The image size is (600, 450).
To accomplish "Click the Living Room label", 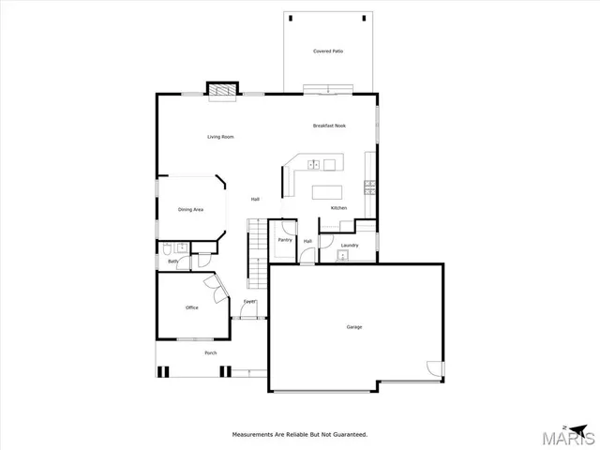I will coord(220,137).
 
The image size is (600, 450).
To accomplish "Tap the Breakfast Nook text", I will coord(329,125).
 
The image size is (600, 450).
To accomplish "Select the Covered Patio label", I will coord(328,51).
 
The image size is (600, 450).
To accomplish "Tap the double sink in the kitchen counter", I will coord(315,165).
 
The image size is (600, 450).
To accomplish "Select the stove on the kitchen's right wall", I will coord(371,185).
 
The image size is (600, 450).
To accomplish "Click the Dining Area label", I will coord(190,209).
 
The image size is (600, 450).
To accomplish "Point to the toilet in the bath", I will coord(165,249).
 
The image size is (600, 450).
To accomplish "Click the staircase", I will coord(257,253).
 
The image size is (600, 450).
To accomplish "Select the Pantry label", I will coord(285,240).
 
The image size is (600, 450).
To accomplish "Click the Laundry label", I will coord(350,246).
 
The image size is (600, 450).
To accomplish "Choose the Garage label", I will coord(354,326).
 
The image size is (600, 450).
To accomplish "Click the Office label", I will coord(191,307).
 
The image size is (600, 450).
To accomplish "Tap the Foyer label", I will coord(249,301).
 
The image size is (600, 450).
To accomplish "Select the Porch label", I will coord(210,352).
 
